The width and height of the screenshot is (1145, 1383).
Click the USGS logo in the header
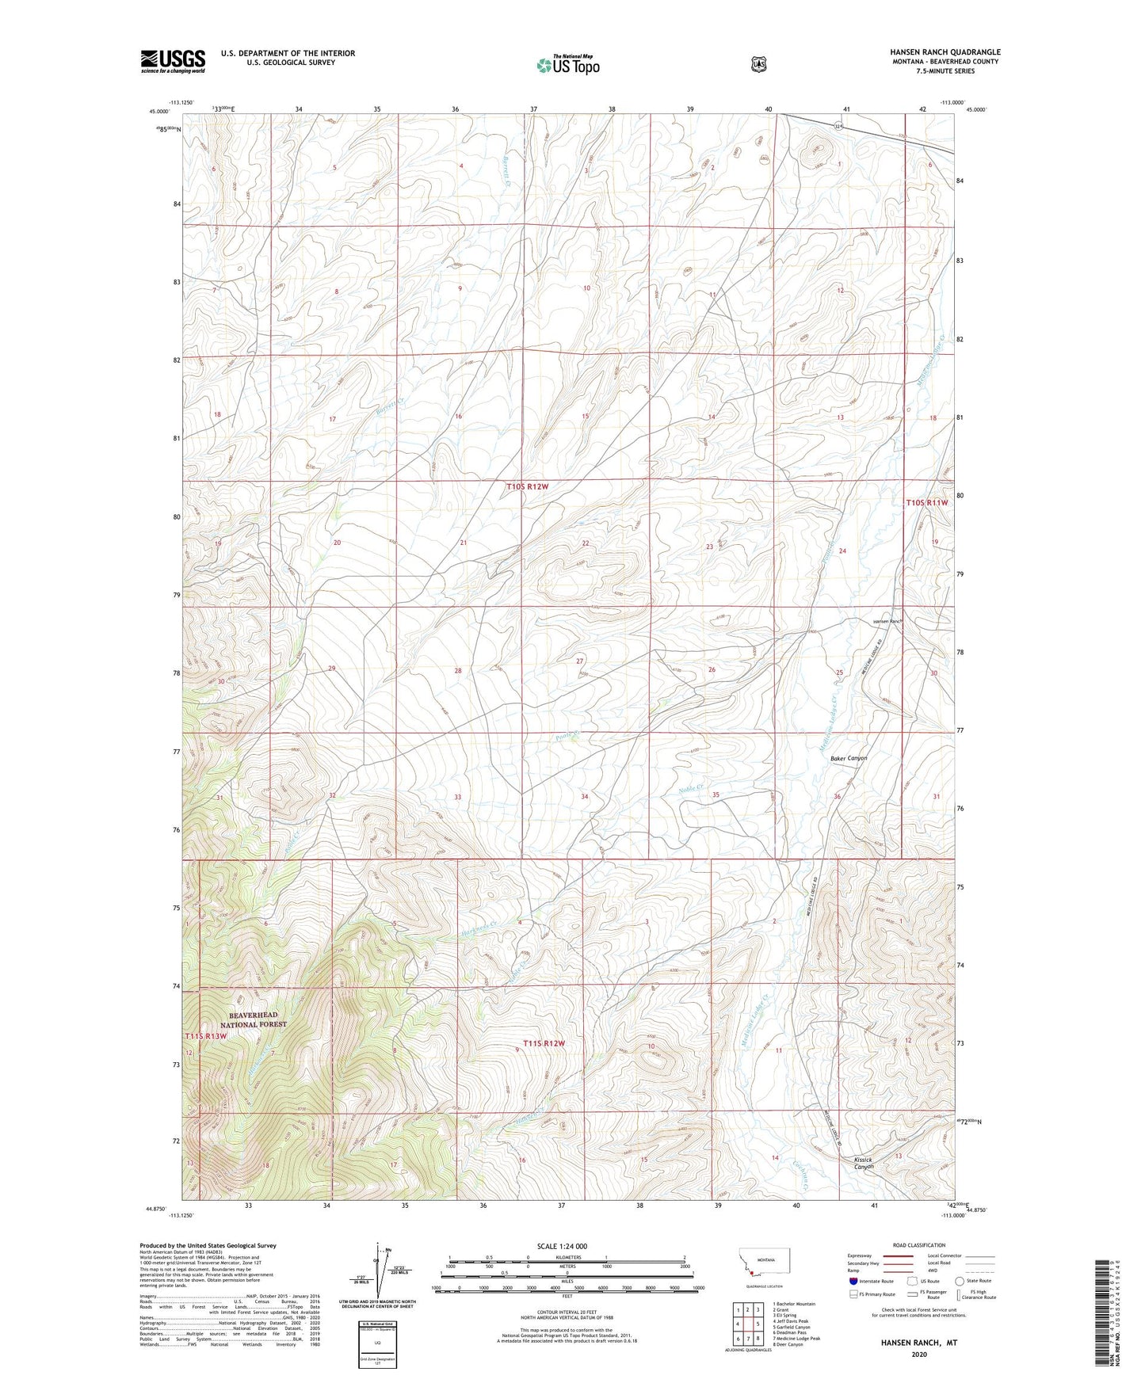pyautogui.click(x=173, y=61)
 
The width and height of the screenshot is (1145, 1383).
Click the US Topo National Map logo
pyautogui.click(x=567, y=65)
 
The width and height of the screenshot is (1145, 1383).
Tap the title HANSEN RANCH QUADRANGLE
pyautogui.click(x=945, y=52)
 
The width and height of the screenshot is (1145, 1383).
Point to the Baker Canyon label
pyautogui.click(x=849, y=758)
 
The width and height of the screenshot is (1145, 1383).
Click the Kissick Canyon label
pyautogui.click(x=864, y=1163)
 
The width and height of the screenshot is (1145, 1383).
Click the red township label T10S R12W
pyautogui.click(x=527, y=486)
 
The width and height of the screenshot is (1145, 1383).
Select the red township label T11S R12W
pyautogui.click(x=544, y=1043)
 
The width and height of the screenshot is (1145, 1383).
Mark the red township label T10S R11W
pyautogui.click(x=926, y=502)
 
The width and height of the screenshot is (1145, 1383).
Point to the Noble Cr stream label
pyautogui.click(x=693, y=789)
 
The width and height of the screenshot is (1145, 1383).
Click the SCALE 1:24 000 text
pyautogui.click(x=562, y=1246)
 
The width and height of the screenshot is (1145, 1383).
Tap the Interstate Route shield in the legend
pyautogui.click(x=853, y=1281)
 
